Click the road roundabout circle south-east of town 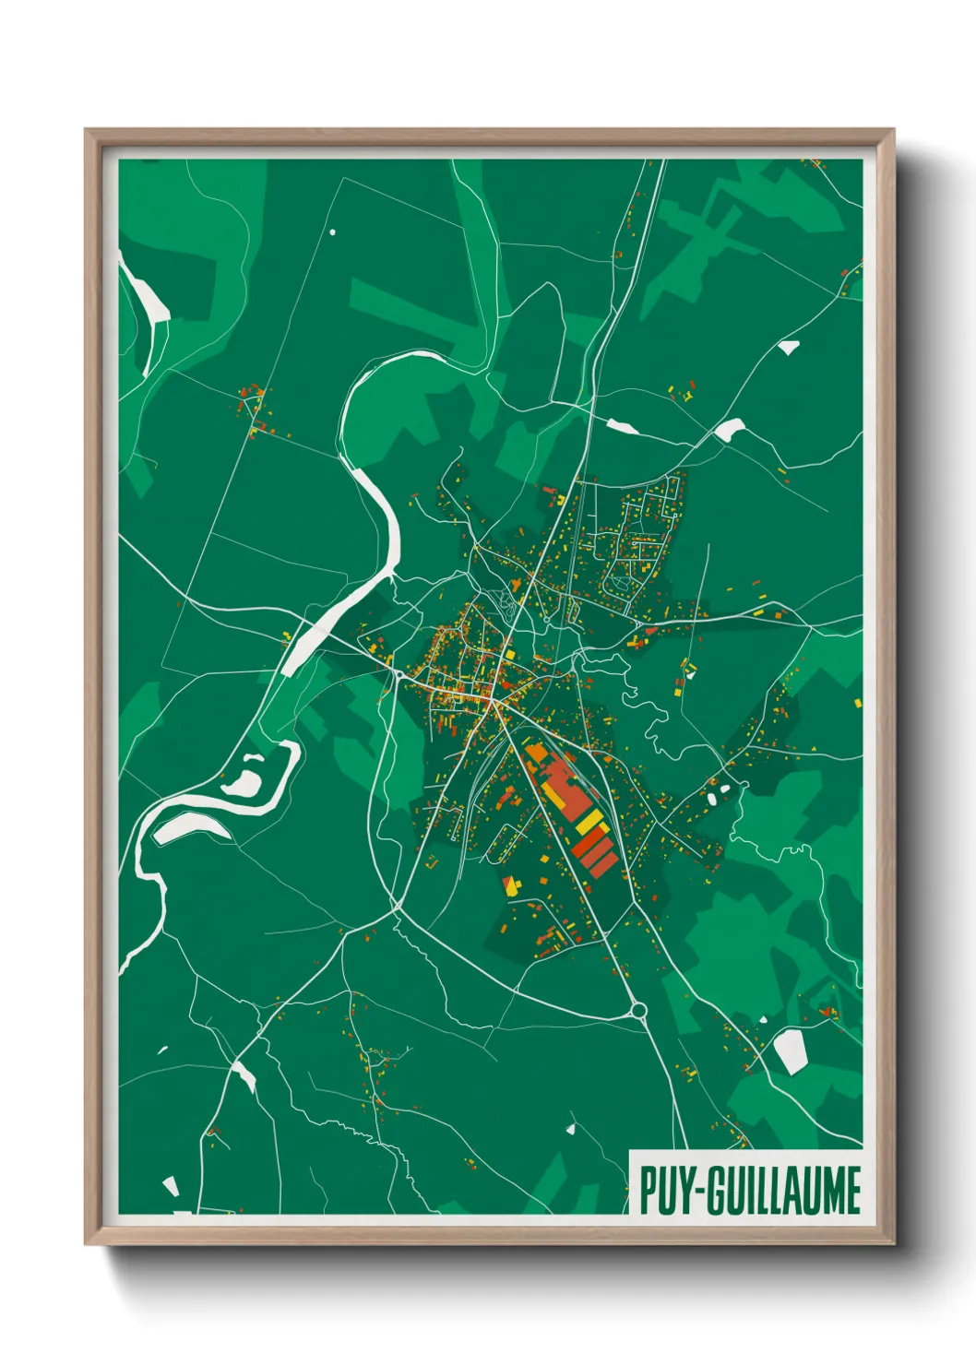tap(638, 1010)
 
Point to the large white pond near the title tap(790, 1050)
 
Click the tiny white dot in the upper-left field tap(333, 232)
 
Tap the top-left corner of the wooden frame tap(86, 130)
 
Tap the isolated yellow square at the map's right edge tap(858, 703)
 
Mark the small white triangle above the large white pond tap(763, 1019)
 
